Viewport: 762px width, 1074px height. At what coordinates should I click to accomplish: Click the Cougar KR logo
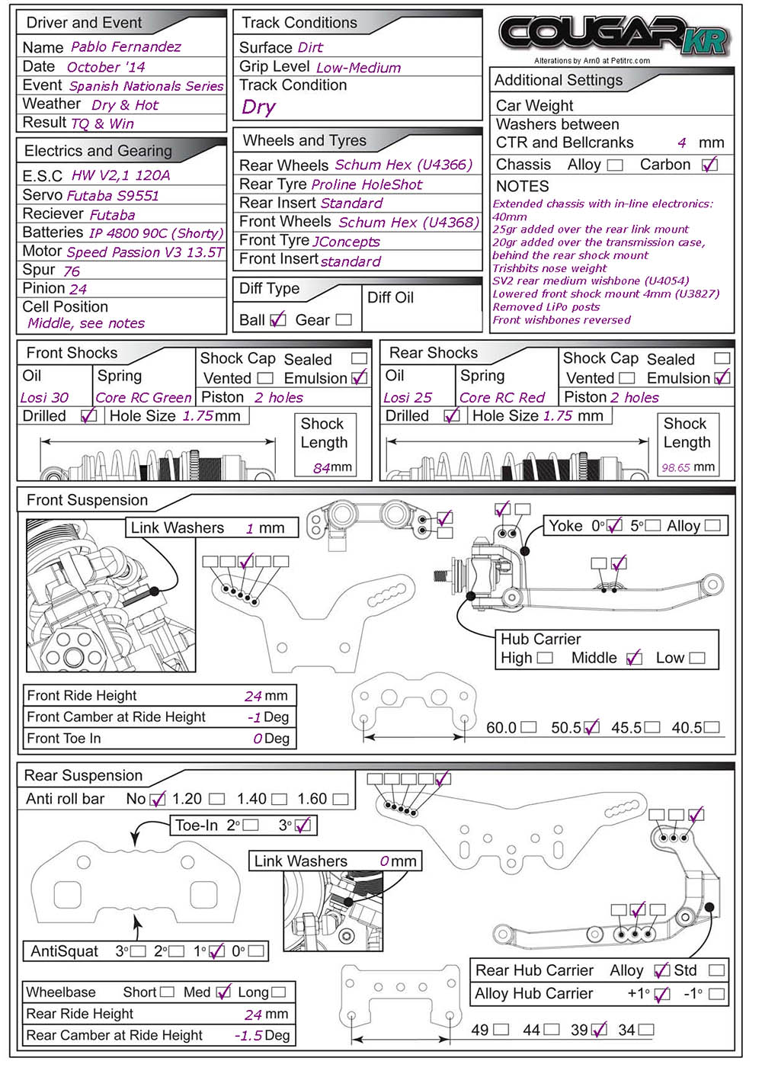(x=614, y=35)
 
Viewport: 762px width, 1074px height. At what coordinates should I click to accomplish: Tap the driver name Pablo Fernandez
(x=126, y=47)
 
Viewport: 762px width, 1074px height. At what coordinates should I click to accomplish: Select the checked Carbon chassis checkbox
(x=709, y=165)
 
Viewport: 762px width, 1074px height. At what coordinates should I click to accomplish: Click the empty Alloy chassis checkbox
(x=616, y=165)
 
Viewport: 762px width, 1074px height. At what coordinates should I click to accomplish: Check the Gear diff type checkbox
(x=344, y=320)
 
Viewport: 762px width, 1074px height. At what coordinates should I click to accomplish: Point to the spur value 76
(x=72, y=271)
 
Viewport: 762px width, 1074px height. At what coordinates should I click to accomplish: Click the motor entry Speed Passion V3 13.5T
(x=145, y=252)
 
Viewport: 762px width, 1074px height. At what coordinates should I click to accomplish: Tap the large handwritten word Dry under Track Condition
(x=258, y=107)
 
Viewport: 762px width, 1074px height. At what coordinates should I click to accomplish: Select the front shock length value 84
(x=322, y=468)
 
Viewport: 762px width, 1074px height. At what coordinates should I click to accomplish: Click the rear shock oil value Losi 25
(x=408, y=398)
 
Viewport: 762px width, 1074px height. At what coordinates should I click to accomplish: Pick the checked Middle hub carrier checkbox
(x=634, y=659)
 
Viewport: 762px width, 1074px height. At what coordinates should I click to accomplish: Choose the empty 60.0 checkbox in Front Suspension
(x=529, y=728)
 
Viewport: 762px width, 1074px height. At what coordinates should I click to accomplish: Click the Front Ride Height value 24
(x=254, y=696)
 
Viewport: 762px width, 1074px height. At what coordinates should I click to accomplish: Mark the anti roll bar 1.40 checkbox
(x=280, y=800)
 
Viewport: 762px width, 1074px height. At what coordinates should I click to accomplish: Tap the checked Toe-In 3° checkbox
(x=303, y=826)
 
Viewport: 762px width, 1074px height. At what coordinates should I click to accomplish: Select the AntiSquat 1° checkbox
(x=216, y=951)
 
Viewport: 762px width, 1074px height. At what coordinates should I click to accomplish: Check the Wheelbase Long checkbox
(x=278, y=992)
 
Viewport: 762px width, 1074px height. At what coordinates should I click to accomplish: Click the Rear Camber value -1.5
(x=249, y=1036)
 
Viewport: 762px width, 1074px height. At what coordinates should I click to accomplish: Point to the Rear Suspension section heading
(x=83, y=776)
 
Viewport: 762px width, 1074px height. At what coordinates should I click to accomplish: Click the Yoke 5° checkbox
(x=653, y=526)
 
